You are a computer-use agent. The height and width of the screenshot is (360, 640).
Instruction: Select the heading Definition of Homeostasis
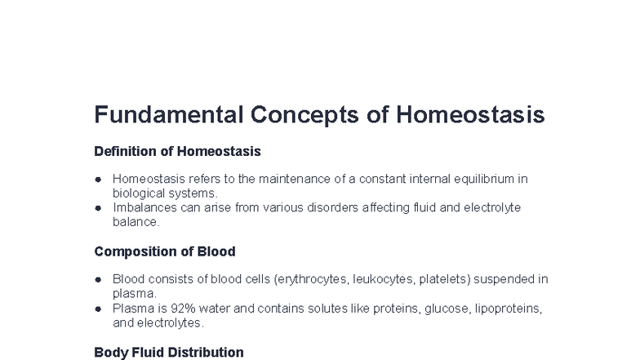(x=177, y=151)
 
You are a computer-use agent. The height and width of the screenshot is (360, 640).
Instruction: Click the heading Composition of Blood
(x=165, y=251)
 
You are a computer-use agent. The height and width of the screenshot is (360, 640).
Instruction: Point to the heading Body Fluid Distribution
(x=169, y=353)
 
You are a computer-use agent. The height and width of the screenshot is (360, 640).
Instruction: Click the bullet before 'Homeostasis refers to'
(x=98, y=179)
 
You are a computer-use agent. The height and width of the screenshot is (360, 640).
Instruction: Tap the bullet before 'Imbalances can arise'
(x=98, y=208)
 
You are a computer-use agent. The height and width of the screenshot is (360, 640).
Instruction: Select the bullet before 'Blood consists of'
(x=98, y=279)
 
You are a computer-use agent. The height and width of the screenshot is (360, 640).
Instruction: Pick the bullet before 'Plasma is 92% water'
(x=98, y=309)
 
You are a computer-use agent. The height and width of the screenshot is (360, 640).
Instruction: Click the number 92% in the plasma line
(x=176, y=309)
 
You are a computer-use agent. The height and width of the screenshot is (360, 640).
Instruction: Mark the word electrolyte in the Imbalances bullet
(x=491, y=208)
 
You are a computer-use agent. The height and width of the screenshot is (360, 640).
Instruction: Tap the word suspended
(x=506, y=279)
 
